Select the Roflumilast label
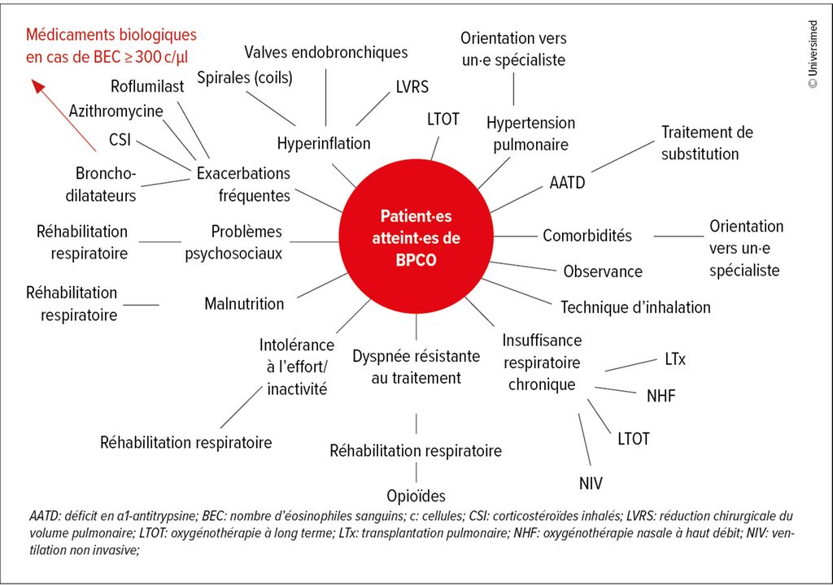coord(147,87)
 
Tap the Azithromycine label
coord(116,111)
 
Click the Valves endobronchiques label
coord(326,53)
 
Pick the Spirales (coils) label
coord(245,77)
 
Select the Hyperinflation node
coord(324,144)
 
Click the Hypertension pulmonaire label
coord(530,133)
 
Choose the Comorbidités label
coord(587,236)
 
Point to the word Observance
coord(603,271)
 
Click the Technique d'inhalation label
coord(635,307)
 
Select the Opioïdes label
coord(416,496)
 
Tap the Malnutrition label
coord(244,304)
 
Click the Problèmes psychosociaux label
coord(234,242)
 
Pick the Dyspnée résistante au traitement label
coord(416,367)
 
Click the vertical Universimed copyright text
coord(813,53)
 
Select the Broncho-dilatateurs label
coord(106,184)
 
